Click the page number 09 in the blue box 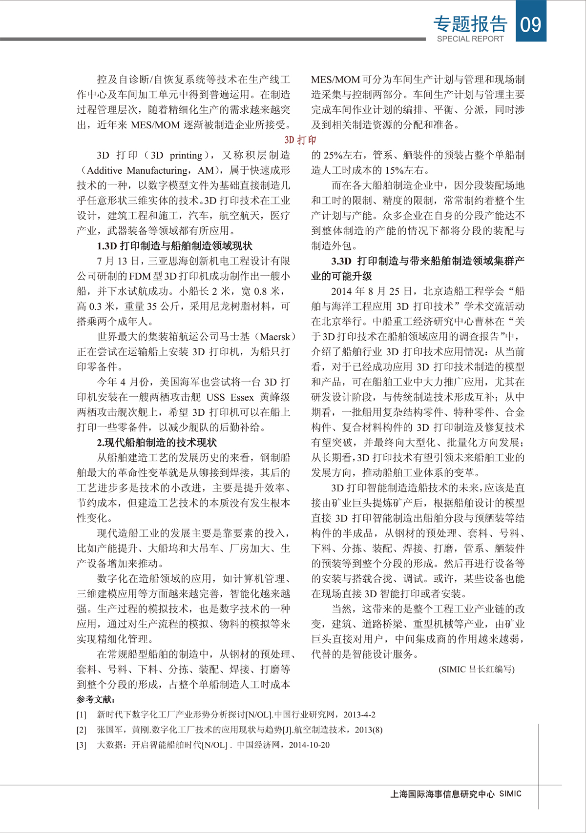[x=531, y=23]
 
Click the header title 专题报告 [x=470, y=24]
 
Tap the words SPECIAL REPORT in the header [x=470, y=39]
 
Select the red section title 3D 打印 [x=300, y=140]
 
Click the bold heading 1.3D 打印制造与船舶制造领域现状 [x=174, y=246]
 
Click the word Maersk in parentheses [x=277, y=337]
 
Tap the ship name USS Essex [x=230, y=397]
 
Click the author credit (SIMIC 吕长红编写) [x=476, y=669]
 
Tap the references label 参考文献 [x=96, y=699]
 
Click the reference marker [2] [x=81, y=730]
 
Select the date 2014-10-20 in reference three [x=309, y=745]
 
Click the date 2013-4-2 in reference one [x=359, y=715]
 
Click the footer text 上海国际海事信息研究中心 [x=442, y=794]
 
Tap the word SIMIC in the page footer [x=510, y=794]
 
